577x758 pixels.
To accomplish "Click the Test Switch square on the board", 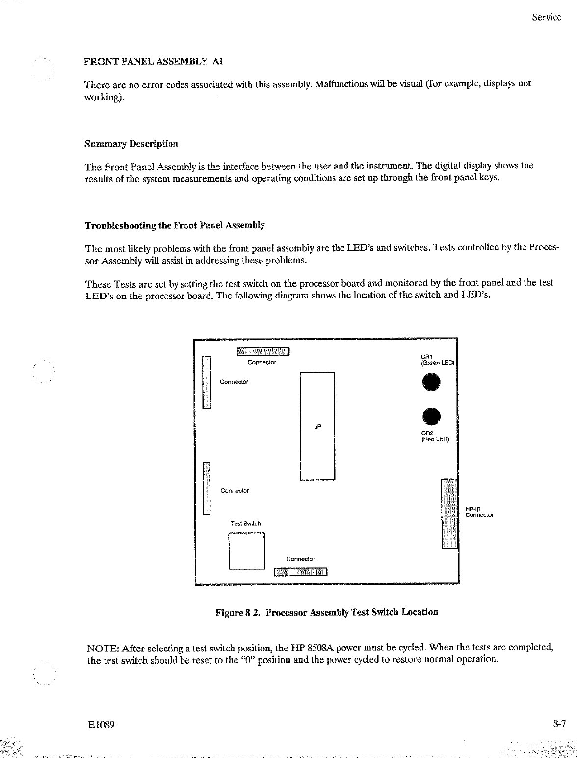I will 247,550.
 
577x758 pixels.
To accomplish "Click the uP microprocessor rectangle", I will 317,426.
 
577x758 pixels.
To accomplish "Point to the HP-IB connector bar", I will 449,513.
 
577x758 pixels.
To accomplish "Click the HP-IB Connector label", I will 479,512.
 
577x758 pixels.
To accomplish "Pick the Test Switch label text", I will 246,524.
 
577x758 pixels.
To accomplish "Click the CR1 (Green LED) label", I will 438,360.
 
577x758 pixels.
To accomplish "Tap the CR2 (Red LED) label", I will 435,436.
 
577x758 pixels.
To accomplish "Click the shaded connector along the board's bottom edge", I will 300,571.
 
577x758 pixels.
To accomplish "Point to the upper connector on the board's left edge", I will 207,382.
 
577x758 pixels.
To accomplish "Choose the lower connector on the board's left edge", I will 207,488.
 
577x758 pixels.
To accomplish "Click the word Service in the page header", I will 547,17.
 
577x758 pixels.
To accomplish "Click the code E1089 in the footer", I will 101,725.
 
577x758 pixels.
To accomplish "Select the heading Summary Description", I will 131,144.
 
